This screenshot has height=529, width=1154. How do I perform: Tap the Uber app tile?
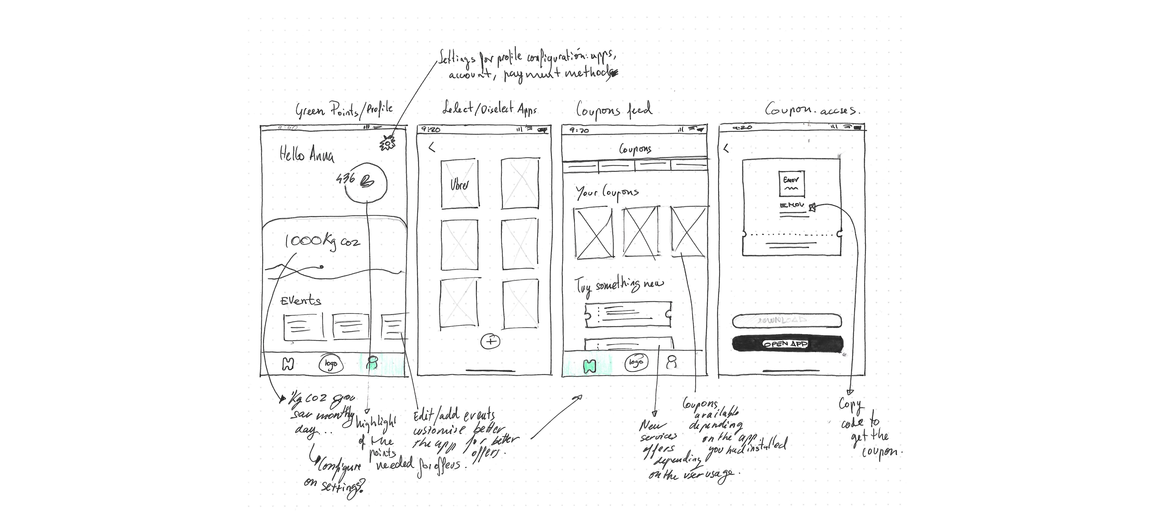(x=459, y=184)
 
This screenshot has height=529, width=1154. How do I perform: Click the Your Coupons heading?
(x=607, y=193)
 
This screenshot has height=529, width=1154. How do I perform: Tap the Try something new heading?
(x=619, y=285)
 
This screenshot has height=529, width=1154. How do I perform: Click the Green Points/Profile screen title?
(x=344, y=110)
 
